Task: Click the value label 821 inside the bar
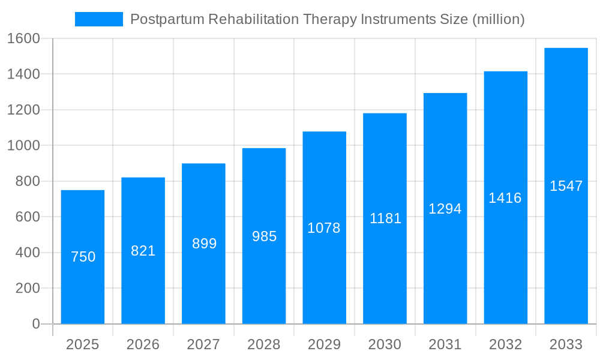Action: [x=143, y=251]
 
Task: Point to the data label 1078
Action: [x=324, y=228]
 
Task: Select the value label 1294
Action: [x=445, y=209]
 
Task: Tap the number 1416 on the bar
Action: [x=505, y=198]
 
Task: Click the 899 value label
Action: [x=204, y=244]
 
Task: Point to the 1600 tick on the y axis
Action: [x=23, y=38]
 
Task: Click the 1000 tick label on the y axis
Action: [x=23, y=146]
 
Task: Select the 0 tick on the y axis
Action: [x=35, y=324]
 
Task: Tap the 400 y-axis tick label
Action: [x=27, y=253]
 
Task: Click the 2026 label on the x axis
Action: [x=143, y=344]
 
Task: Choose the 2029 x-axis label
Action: [x=324, y=344]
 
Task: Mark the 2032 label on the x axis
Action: [x=505, y=344]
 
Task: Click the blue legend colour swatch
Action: [x=98, y=19]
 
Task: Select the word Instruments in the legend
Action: [x=396, y=19]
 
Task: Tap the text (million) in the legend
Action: [x=499, y=19]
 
